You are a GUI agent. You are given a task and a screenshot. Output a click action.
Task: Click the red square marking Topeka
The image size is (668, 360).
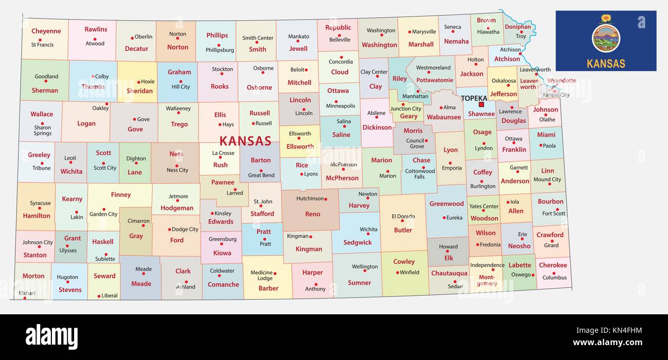(x=481, y=104)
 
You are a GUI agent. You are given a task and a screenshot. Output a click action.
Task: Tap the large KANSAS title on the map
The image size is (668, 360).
(x=245, y=141)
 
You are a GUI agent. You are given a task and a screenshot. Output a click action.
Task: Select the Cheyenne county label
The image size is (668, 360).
(x=46, y=31)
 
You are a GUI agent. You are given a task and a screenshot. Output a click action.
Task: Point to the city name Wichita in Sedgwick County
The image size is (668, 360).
(x=368, y=230)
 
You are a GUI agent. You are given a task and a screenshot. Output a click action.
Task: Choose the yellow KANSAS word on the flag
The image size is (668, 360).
(x=606, y=64)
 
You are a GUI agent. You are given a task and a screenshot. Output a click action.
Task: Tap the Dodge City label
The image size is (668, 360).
(x=185, y=230)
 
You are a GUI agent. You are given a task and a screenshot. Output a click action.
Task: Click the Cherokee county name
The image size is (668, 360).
(x=553, y=265)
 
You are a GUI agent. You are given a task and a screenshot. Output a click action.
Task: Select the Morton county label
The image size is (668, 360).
(x=33, y=276)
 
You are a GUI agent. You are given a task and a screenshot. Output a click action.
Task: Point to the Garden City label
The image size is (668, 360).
(x=103, y=214)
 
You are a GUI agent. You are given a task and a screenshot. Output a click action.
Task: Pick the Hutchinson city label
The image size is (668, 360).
(x=310, y=198)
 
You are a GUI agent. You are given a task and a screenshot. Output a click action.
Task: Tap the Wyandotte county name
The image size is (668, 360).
(x=561, y=81)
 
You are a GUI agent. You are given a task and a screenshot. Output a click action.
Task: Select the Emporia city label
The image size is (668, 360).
(x=452, y=168)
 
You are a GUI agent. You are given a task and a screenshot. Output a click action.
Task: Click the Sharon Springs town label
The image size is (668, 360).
(x=43, y=130)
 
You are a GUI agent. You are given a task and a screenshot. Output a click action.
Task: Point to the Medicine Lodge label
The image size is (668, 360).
(x=262, y=275)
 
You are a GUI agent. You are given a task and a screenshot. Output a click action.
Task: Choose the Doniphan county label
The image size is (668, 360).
(x=517, y=27)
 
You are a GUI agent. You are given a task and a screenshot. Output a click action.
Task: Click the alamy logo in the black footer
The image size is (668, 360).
(x=51, y=337)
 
